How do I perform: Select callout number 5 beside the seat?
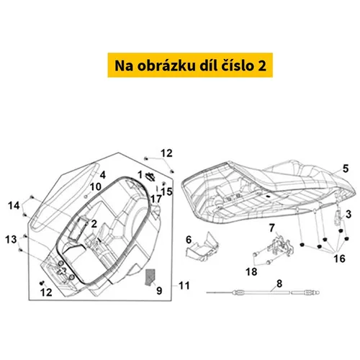(x=346, y=168)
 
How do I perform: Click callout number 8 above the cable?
(x=279, y=284)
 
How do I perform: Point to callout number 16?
(x=339, y=258)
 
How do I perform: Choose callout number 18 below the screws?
(x=251, y=272)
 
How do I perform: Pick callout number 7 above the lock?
(x=271, y=228)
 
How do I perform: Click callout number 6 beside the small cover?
(x=189, y=240)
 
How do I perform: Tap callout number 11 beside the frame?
(x=184, y=286)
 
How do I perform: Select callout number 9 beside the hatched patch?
(x=159, y=291)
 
